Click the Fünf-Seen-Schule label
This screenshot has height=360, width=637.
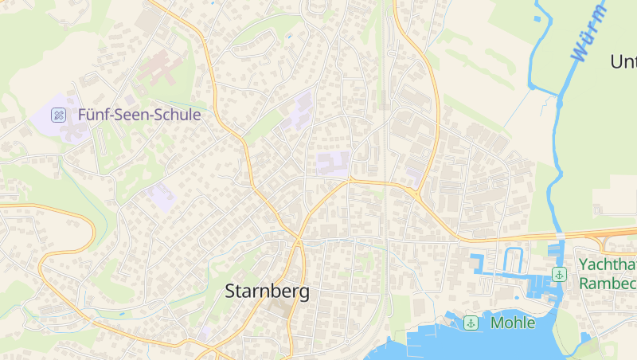[139, 115]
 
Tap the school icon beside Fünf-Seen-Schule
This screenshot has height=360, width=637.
[58, 115]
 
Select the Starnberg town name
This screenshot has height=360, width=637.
[267, 292]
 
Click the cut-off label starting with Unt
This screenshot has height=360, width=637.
[623, 61]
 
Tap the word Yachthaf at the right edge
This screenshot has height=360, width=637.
[607, 264]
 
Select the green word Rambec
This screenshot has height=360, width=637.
[608, 284]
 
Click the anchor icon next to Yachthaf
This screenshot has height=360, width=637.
[560, 274]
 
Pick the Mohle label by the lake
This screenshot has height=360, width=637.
[513, 323]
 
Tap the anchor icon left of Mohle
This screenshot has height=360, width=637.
[471, 323]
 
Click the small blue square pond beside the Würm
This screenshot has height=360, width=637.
[537, 18]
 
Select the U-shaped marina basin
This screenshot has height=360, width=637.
[512, 260]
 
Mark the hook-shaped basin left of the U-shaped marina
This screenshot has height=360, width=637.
[479, 264]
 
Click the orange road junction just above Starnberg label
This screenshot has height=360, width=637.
[298, 240]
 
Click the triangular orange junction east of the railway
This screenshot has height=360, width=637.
[415, 193]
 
